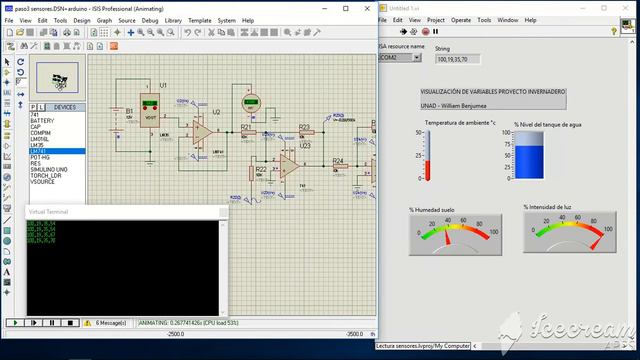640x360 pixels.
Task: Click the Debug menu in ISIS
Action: pos(150,20)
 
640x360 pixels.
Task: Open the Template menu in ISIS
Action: pos(200,20)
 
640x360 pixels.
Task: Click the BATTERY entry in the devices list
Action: pos(44,120)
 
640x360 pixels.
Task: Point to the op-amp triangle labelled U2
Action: pos(202,130)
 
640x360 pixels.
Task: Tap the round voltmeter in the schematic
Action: pos(251,103)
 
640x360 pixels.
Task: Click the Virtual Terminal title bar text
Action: pos(50,212)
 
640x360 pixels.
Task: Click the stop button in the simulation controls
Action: pos(70,323)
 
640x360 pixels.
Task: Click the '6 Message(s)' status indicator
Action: pos(112,323)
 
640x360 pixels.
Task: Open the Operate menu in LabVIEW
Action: pos(461,20)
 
